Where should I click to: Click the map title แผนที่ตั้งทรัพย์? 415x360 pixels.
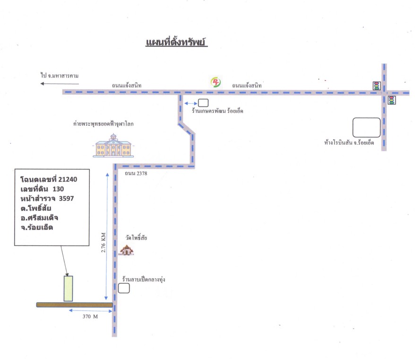[x=176, y=42]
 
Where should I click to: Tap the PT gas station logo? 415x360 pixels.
[x=216, y=82]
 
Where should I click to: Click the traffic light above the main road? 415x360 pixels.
[x=376, y=86]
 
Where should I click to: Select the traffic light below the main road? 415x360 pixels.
[x=392, y=100]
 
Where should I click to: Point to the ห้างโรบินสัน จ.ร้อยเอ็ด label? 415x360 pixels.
[x=349, y=143]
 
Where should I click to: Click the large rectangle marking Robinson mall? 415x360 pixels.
[x=367, y=128]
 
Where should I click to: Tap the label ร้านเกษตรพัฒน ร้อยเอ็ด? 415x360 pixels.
[x=217, y=111]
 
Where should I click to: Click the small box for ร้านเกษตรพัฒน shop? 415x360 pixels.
[x=203, y=103]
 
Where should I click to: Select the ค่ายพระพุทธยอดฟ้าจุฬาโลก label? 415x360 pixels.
[x=103, y=124]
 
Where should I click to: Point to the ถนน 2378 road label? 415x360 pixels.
[x=136, y=173]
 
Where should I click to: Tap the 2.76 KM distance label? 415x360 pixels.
[x=103, y=242]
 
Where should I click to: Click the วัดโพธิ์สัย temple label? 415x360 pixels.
[x=136, y=238]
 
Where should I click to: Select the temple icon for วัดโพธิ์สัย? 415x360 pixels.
[x=126, y=250]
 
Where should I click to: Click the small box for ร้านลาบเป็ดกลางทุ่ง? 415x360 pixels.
[x=124, y=288]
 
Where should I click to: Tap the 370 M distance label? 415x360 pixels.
[x=90, y=317]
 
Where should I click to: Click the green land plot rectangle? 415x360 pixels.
[x=68, y=289]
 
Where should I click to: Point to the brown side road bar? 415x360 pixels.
[x=75, y=305]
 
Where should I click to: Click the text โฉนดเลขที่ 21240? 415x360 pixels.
[x=49, y=180]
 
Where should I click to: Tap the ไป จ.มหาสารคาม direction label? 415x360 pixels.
[x=60, y=76]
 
